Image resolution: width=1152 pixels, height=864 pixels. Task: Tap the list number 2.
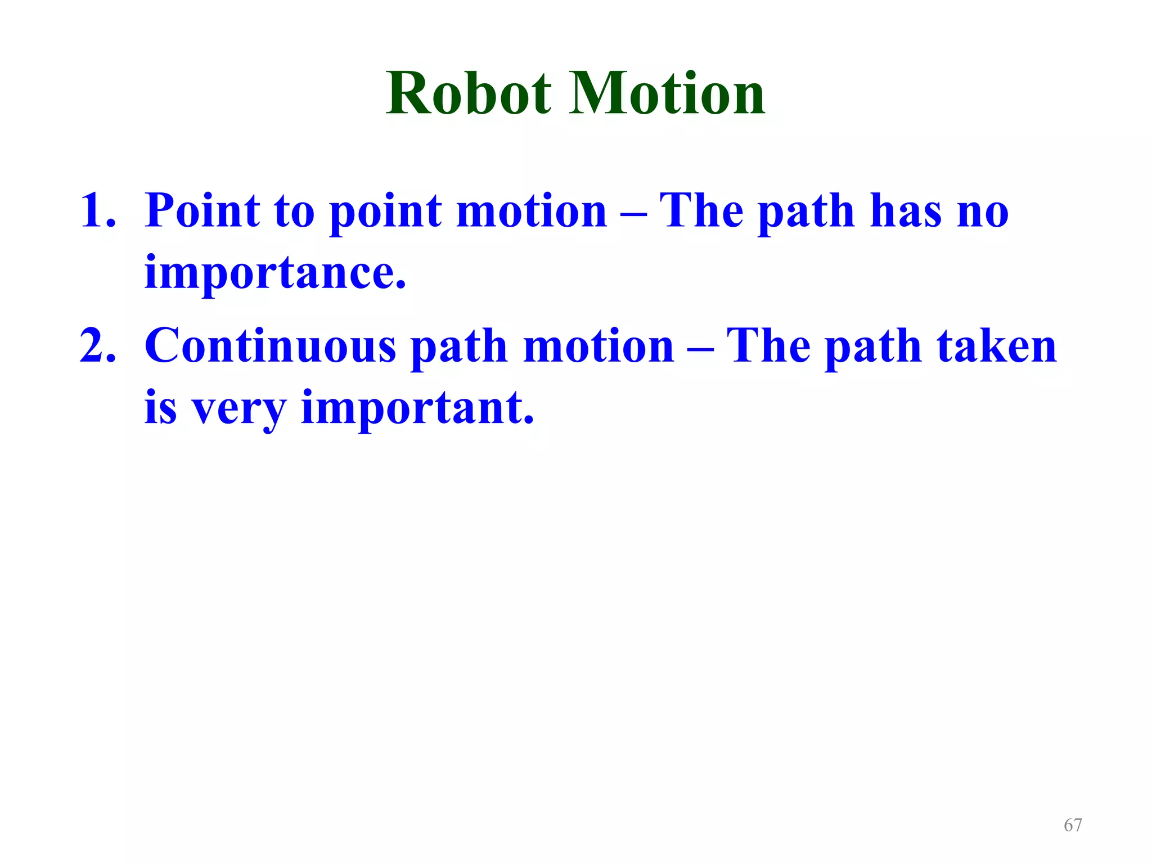[x=98, y=346]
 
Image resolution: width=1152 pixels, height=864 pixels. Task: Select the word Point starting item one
[x=202, y=211]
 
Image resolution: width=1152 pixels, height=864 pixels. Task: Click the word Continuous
[x=271, y=346]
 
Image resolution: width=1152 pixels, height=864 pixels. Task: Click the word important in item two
[x=417, y=408]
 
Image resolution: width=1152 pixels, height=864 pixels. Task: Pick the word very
[x=238, y=409]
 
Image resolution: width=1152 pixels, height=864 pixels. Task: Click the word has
[x=905, y=211]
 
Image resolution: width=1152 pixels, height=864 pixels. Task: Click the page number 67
[x=1073, y=825]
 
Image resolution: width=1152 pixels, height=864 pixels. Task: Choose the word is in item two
[x=160, y=408]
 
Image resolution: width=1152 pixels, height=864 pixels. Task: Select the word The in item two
[x=768, y=346]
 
